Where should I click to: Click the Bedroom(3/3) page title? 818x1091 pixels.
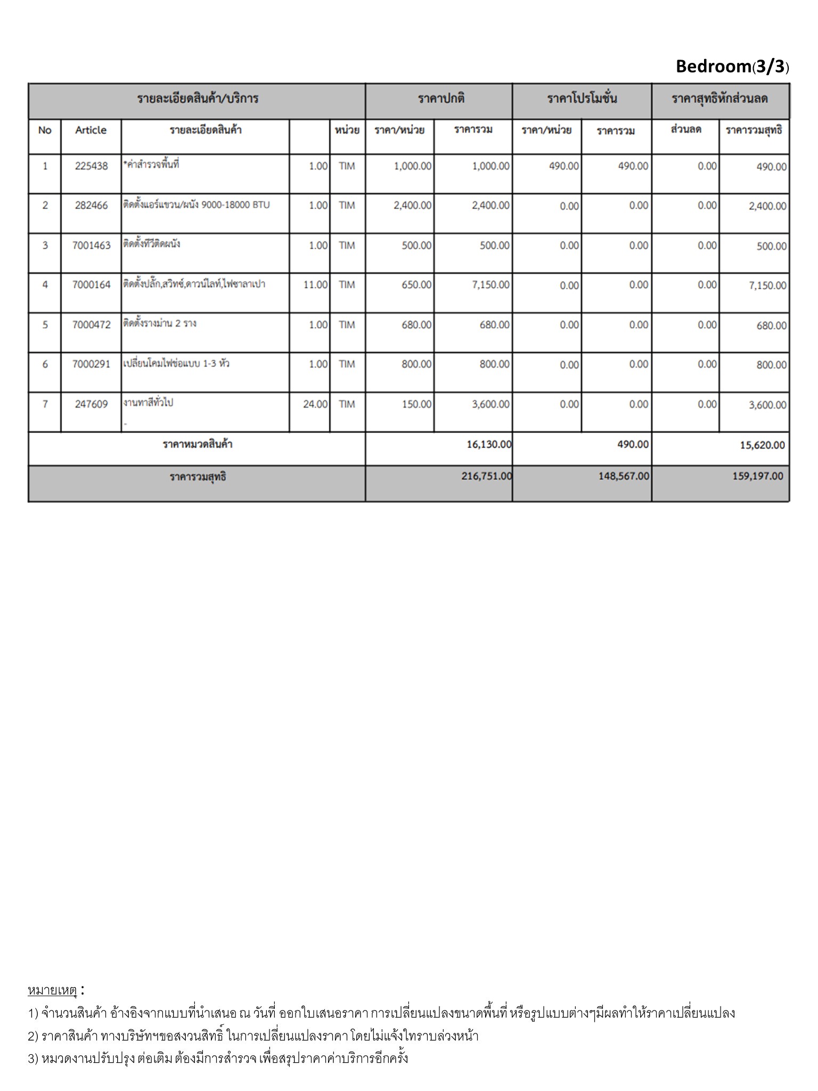732,67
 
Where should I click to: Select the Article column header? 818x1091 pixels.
91,130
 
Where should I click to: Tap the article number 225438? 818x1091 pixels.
91,166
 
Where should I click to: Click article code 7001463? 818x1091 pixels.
91,246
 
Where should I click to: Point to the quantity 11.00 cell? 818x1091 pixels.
315,285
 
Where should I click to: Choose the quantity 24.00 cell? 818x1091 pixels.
315,404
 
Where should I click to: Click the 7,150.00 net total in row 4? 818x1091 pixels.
767,286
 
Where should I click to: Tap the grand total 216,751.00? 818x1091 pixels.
486,476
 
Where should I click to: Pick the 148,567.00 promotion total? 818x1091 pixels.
624,476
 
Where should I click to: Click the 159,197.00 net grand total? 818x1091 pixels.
757,476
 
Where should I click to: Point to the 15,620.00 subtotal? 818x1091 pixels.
762,445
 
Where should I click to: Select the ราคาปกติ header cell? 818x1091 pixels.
440,99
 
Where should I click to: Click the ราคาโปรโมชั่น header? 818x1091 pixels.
582,99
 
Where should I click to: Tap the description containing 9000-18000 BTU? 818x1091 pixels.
196,205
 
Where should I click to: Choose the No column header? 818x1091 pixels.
45,130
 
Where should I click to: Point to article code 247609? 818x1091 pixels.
91,404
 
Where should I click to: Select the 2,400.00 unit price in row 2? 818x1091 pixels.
412,206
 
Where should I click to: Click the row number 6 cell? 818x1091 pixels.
45,364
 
